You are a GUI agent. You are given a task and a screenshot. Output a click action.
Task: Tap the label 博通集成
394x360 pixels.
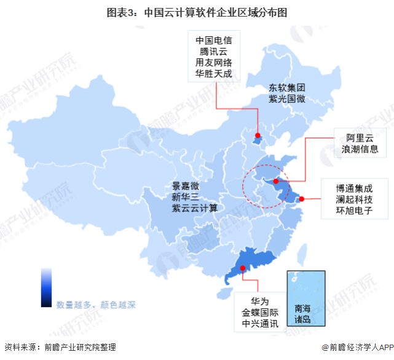coord(354,188)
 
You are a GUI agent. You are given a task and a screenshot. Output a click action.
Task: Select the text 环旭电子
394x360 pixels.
coord(354,211)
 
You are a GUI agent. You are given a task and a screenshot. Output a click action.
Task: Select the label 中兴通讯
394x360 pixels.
coord(261,324)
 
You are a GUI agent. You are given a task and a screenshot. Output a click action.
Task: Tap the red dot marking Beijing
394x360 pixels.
coord(258,136)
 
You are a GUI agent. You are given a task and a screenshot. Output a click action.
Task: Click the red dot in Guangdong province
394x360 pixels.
coord(243,268)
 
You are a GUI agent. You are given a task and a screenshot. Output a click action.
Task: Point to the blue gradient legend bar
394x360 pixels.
coord(47,287)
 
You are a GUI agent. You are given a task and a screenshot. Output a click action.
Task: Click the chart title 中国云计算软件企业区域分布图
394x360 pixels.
coord(197,11)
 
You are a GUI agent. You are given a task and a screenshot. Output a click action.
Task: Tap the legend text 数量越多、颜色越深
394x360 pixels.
coord(95,304)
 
